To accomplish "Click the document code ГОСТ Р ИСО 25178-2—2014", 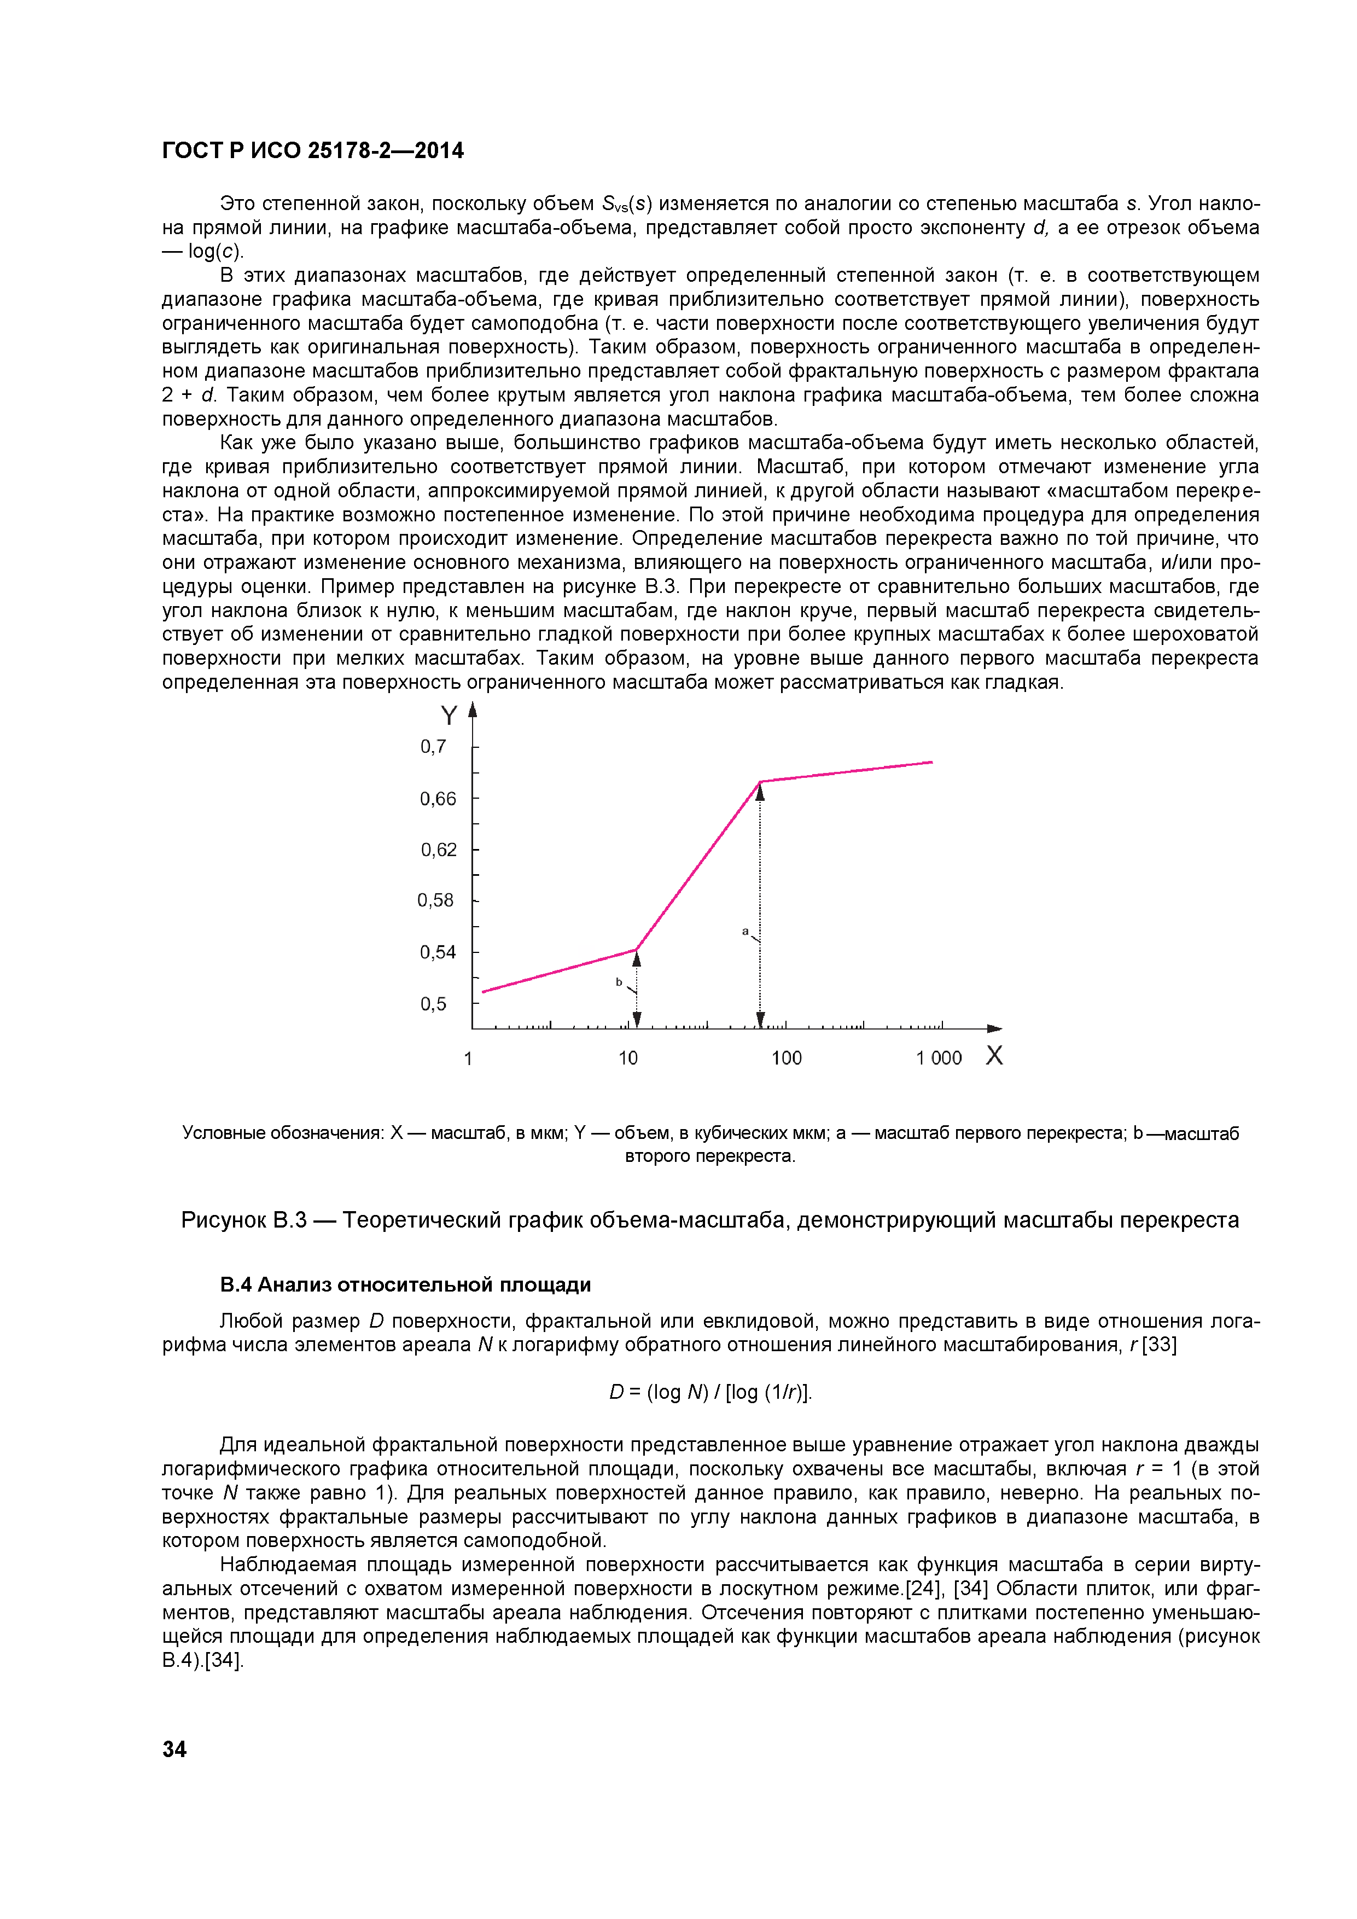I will [x=312, y=150].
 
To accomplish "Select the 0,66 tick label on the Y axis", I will [x=438, y=799].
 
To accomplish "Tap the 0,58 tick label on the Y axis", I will [x=435, y=900].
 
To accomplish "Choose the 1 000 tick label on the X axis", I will [x=939, y=1058].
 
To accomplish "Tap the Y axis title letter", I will [x=449, y=716].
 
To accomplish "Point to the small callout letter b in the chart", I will [x=619, y=982].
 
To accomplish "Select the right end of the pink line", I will [x=931, y=762].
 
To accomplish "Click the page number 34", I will [x=174, y=1748].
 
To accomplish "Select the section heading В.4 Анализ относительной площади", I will [x=405, y=1284].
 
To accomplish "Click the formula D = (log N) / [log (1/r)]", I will [x=710, y=1392].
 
